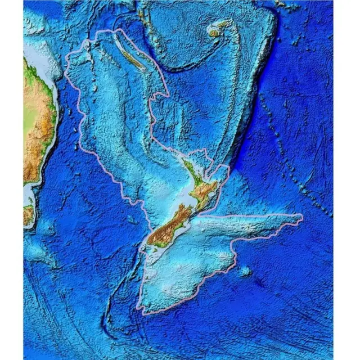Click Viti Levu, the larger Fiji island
pyautogui.click(x=214, y=33)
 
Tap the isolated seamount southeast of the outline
pyautogui.click(x=246, y=272)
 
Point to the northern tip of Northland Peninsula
pyautogui.click(x=183, y=160)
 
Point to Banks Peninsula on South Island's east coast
pyautogui.click(x=185, y=222)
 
